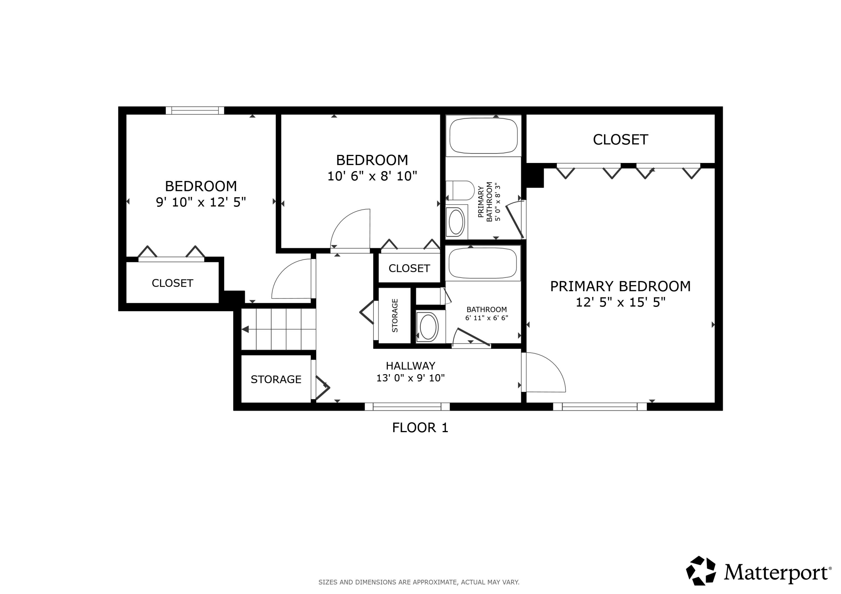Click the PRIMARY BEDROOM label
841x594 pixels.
point(620,286)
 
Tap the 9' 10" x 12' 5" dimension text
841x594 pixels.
point(201,202)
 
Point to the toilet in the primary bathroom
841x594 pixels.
point(460,190)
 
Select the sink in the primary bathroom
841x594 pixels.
point(456,222)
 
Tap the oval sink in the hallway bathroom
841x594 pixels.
point(428,327)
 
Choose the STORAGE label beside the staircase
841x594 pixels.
point(276,379)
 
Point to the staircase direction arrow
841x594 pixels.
point(245,329)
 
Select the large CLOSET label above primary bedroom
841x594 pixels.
point(620,140)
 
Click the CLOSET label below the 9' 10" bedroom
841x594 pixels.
point(172,283)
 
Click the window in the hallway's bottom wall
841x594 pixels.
point(407,407)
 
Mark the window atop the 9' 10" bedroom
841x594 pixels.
point(195,111)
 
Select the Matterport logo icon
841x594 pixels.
point(700,571)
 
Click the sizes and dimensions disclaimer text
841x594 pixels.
point(419,582)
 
